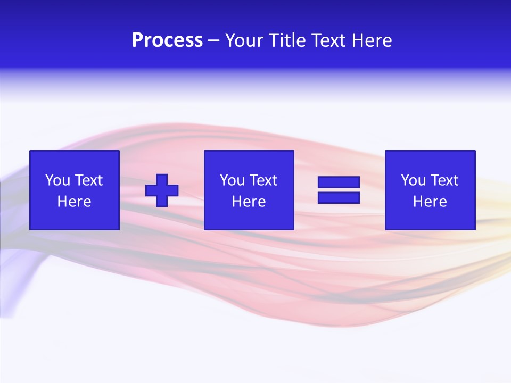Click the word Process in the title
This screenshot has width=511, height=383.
pos(167,40)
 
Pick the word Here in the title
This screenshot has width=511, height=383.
pos(372,40)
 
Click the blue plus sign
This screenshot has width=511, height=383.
pos(162,190)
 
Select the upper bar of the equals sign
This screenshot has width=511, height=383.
pos(339,182)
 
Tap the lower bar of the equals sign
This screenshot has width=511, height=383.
pos(339,197)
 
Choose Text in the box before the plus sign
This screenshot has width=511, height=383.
pos(88,180)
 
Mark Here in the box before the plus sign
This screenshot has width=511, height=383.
pos(74,202)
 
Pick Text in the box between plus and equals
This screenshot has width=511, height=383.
pos(262,180)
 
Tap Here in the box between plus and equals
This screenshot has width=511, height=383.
pos(249,202)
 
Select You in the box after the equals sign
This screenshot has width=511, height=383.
pos(413,180)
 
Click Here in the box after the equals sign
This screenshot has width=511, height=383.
pos(430,202)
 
